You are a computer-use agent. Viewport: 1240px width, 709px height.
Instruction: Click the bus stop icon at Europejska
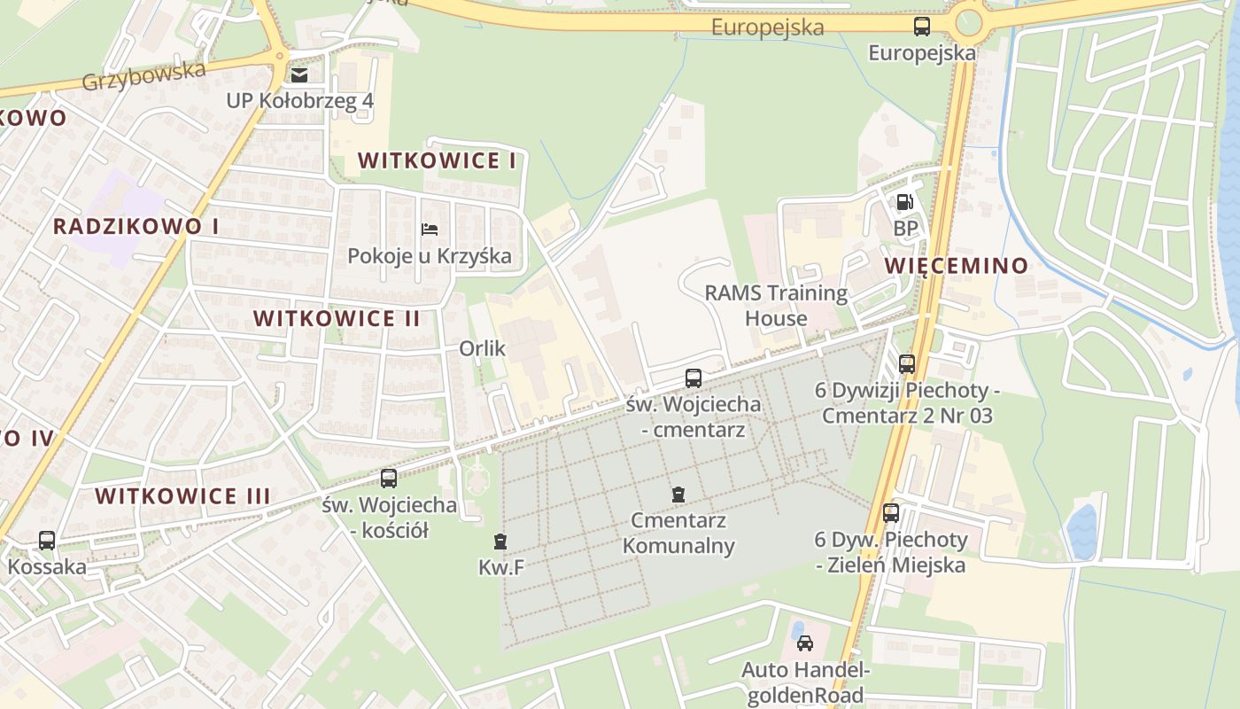[x=922, y=26]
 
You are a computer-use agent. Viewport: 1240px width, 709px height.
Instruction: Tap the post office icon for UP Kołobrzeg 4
[x=299, y=74]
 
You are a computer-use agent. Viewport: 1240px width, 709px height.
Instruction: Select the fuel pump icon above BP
[x=904, y=202]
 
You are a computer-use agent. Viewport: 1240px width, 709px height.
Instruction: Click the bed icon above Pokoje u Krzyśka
[x=430, y=230]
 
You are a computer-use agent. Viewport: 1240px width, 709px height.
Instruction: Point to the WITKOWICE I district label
[x=437, y=160]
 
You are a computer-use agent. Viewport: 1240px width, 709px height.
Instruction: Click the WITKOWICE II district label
[x=337, y=318]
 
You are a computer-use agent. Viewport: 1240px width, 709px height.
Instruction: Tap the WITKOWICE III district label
[x=182, y=495]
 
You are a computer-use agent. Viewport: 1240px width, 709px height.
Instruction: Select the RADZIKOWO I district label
[x=136, y=226]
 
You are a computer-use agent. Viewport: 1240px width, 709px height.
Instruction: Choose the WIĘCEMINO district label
[x=957, y=265]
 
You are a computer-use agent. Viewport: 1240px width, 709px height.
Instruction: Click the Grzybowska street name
[x=143, y=75]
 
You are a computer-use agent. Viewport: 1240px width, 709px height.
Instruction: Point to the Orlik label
[x=482, y=348]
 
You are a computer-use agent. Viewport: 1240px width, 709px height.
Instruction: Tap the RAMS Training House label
[x=776, y=305]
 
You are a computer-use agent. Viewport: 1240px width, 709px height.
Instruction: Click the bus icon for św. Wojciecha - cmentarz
[x=694, y=378]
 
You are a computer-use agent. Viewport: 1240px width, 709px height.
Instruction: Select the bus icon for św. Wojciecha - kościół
[x=389, y=479]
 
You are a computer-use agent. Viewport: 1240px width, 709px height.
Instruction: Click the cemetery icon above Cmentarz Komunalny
[x=678, y=494]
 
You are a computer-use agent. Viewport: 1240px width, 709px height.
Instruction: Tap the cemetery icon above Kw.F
[x=500, y=541]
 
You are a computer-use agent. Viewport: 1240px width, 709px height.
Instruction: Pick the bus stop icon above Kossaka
[x=47, y=540]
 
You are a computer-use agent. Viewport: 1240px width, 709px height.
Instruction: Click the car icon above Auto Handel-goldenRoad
[x=805, y=643]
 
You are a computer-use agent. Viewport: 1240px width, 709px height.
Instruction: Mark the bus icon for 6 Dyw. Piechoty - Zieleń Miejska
[x=891, y=512]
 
